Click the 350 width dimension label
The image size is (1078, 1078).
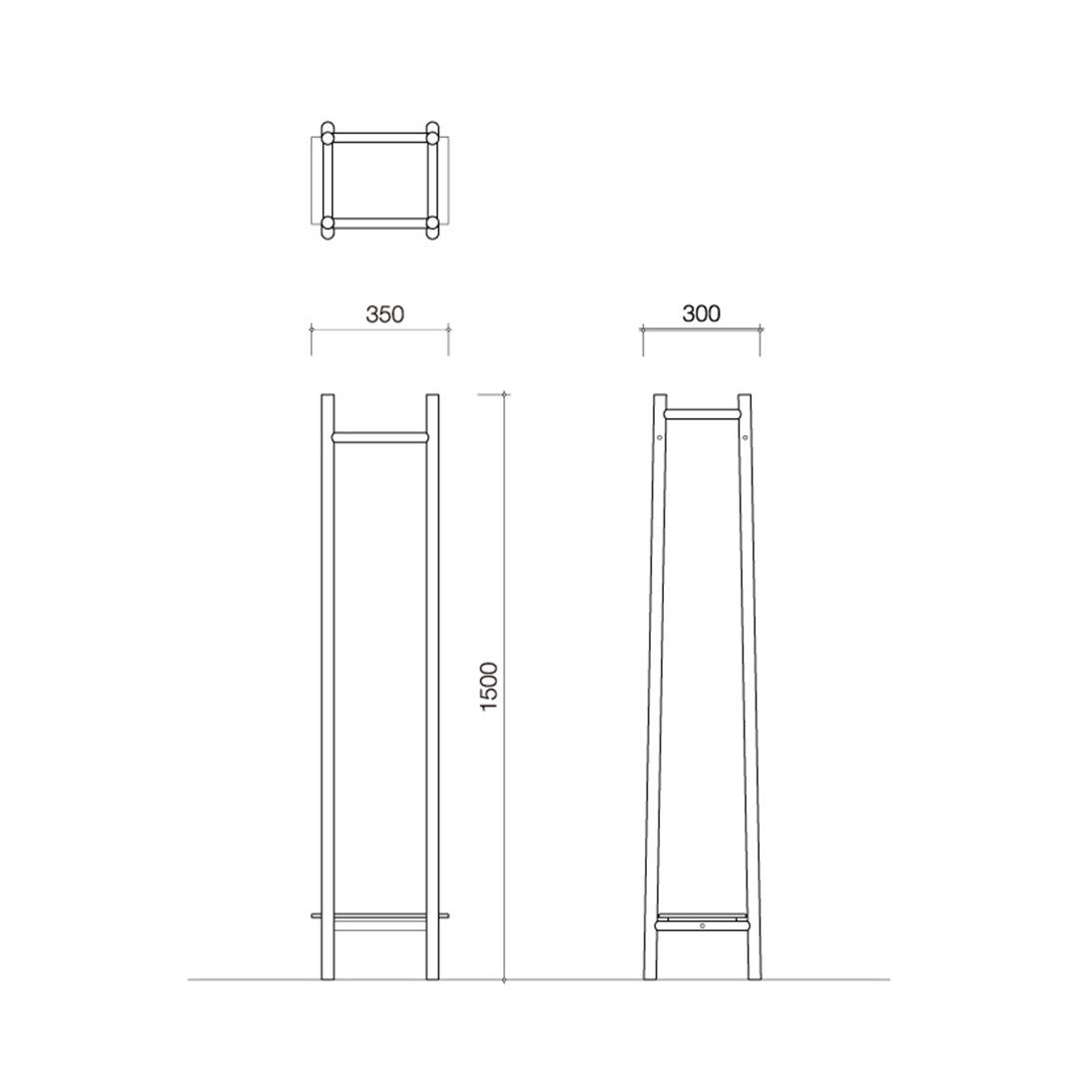coord(384,314)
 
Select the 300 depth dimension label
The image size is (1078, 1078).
coord(701,313)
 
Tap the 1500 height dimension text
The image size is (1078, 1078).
coord(489,686)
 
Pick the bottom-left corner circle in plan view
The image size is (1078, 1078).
coord(327,227)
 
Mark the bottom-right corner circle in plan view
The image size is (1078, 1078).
coord(432,227)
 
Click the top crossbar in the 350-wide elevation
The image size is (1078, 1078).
coord(380,436)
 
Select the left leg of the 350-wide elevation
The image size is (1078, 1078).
coord(327,689)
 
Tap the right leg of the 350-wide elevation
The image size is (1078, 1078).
coord(432,689)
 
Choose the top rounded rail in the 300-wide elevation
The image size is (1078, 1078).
coord(702,412)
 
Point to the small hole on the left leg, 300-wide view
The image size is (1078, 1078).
coord(660,436)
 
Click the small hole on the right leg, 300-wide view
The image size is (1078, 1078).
coord(745,436)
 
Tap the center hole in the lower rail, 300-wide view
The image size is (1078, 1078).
coord(703,926)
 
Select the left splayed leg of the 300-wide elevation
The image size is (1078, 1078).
coord(655,689)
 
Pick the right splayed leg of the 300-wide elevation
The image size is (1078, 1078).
coord(750,689)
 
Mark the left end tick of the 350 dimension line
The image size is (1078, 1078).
coord(312,329)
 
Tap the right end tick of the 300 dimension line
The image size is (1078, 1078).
coord(761,328)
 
